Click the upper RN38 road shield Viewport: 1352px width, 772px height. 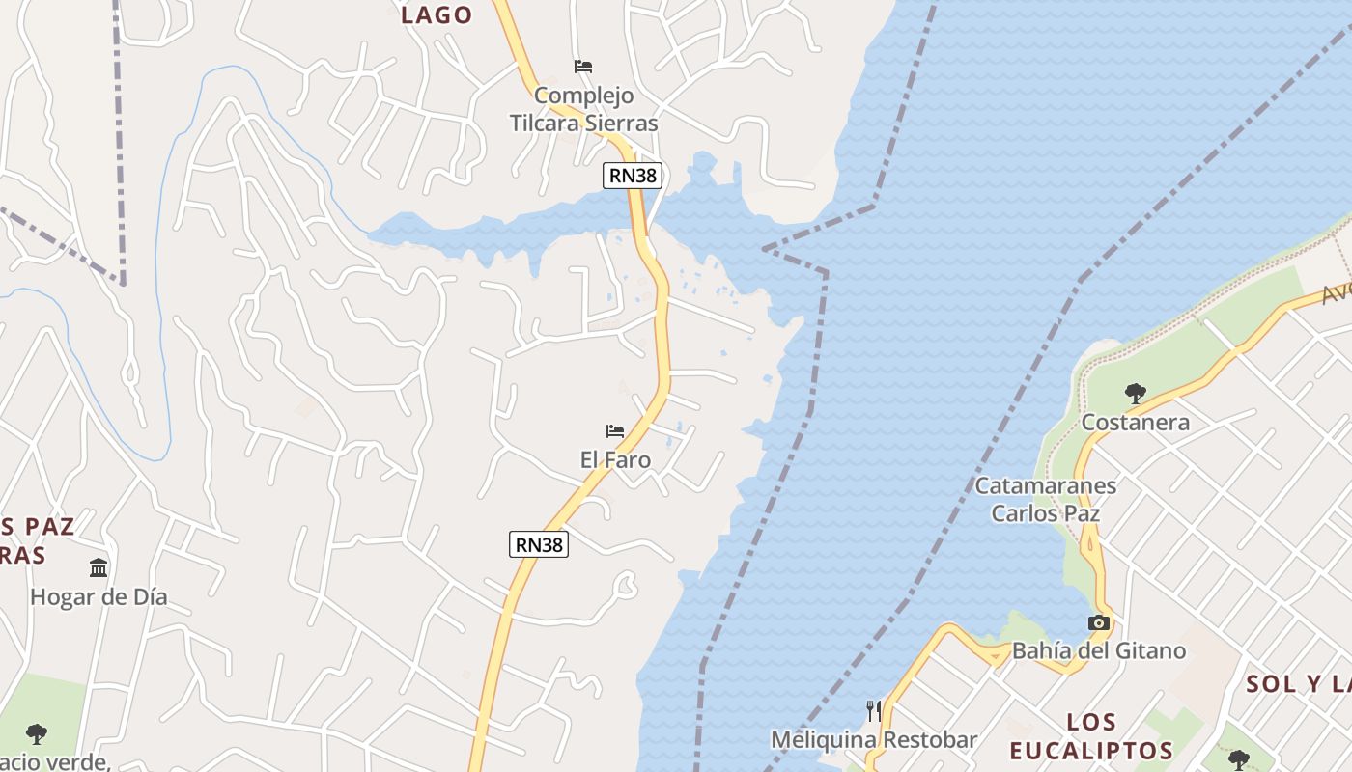pos(634,176)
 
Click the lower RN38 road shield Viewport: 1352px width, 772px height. pos(539,544)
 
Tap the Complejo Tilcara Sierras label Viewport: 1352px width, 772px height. pos(584,109)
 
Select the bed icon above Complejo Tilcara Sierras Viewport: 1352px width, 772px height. pos(583,67)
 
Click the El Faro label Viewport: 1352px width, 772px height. pos(615,460)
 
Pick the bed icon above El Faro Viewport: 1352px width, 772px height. pos(615,431)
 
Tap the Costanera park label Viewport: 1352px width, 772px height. pos(1135,423)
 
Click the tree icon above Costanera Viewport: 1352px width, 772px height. pos(1136,394)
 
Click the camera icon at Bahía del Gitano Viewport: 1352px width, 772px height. pos(1098,622)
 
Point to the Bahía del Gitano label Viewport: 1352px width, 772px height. pos(1099,651)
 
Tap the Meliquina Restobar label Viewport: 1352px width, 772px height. pos(874,740)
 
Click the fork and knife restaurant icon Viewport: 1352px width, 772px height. pos(874,711)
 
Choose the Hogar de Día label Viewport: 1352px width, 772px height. pos(99,597)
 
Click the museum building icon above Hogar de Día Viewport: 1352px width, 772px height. pos(99,567)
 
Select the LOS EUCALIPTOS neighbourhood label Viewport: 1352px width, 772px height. pos(1092,736)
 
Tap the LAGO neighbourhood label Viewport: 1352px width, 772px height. pos(437,15)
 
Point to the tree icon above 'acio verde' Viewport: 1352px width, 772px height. pos(37,734)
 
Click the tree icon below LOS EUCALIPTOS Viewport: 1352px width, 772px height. pos(1239,759)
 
